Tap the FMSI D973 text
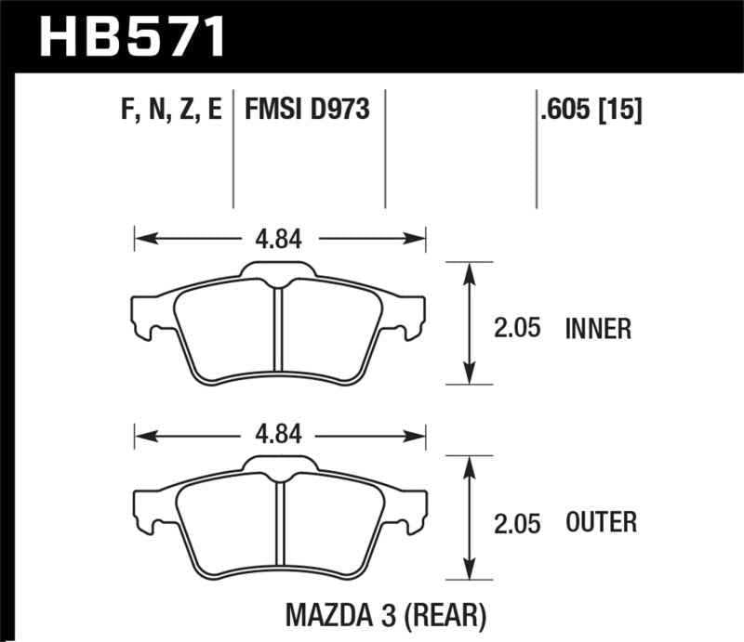point(307,111)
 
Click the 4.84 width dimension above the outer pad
point(279,434)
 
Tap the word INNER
point(598,328)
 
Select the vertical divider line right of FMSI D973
point(384,149)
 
